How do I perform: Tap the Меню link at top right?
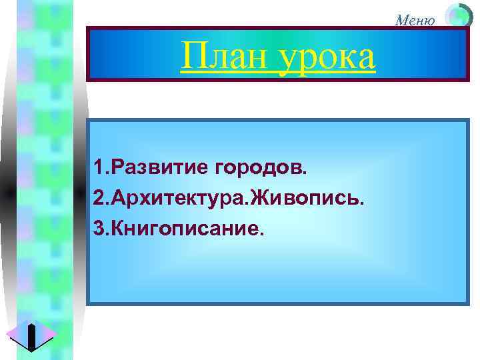[x=415, y=20]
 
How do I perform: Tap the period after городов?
[x=306, y=171]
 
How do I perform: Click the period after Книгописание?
[x=265, y=234]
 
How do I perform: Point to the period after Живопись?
[x=363, y=202]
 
